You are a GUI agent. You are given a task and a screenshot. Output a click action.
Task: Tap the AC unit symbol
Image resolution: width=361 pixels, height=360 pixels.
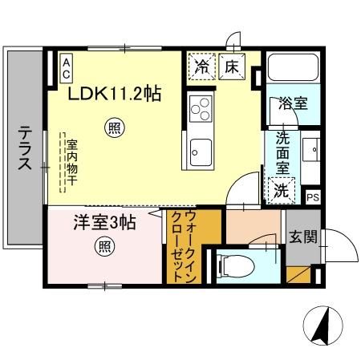(x=66, y=66)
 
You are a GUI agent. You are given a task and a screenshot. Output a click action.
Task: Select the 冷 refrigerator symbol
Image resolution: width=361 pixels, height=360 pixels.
(x=200, y=67)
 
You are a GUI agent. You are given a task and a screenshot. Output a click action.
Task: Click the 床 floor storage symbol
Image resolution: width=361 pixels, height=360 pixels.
(x=229, y=67)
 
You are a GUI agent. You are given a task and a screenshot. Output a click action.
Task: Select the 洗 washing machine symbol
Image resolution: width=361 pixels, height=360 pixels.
(x=281, y=190)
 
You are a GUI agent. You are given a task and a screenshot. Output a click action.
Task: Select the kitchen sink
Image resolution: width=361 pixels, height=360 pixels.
(x=200, y=148)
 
